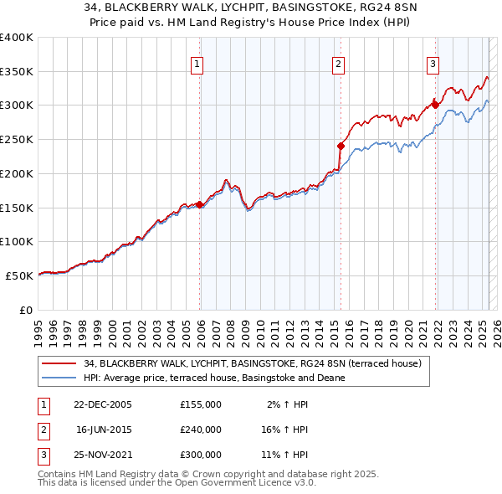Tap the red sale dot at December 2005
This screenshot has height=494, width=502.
[x=200, y=203]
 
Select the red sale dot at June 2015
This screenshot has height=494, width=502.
[x=341, y=146]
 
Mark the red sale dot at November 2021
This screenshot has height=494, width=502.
[x=436, y=105]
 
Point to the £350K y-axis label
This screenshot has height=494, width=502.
[x=17, y=72]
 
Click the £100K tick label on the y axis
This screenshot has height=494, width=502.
[x=17, y=241]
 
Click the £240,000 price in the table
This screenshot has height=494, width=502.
[x=200, y=430]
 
